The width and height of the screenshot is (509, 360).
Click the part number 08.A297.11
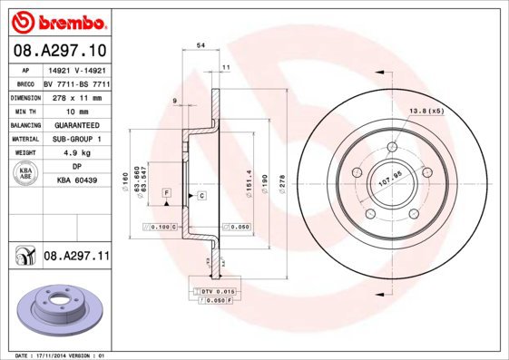point(76,258)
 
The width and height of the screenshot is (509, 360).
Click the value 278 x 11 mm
point(76,95)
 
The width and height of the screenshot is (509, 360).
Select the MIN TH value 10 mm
point(76,110)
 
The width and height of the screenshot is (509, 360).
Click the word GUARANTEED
point(76,124)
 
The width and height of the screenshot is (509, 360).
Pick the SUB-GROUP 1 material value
point(76,139)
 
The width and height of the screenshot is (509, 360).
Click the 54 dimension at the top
point(201,44)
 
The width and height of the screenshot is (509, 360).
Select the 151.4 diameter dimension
point(245,181)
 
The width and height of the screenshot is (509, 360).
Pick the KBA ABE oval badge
point(26,173)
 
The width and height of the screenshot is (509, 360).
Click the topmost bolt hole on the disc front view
point(392,148)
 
